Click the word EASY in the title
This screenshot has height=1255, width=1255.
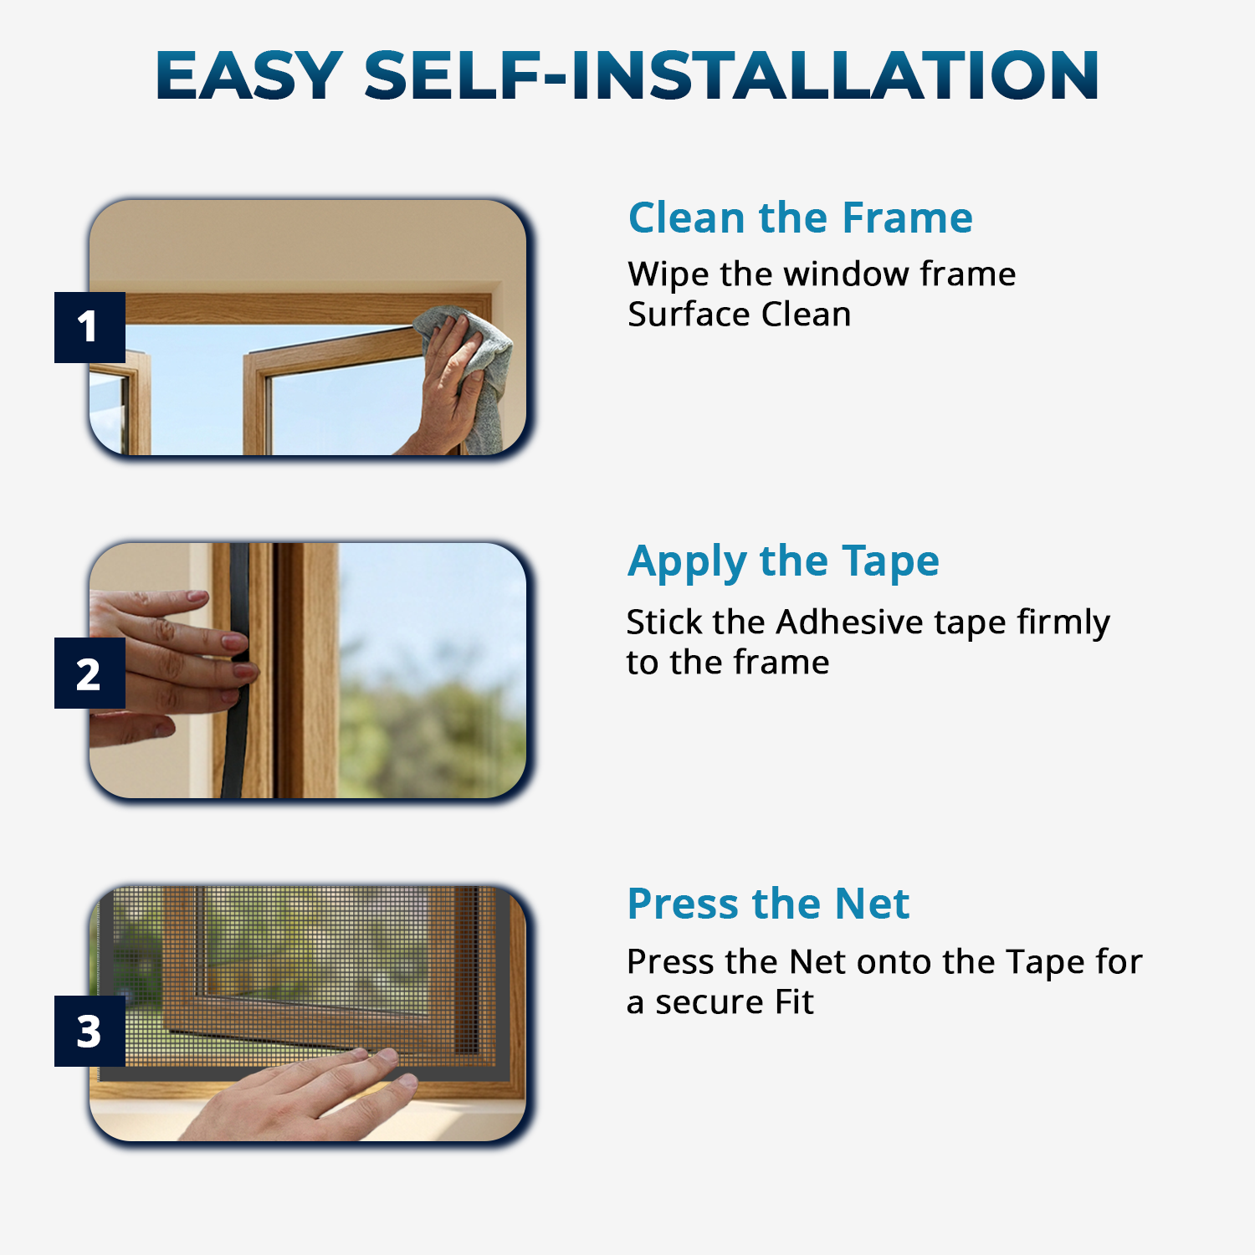coord(249,75)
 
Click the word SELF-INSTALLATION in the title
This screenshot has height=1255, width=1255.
coord(731,75)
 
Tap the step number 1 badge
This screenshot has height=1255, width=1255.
coord(90,327)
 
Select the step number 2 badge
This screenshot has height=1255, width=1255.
coord(90,673)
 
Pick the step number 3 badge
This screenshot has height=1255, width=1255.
coord(90,1031)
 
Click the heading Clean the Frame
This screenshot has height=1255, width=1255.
coord(801,218)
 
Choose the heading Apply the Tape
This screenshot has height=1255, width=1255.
coord(783,562)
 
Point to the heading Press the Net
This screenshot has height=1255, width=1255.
coord(768,904)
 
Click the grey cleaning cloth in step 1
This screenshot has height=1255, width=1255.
coord(474,368)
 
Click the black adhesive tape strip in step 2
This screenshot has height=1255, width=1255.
coord(236,669)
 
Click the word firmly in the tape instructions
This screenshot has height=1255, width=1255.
coord(1063,623)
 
